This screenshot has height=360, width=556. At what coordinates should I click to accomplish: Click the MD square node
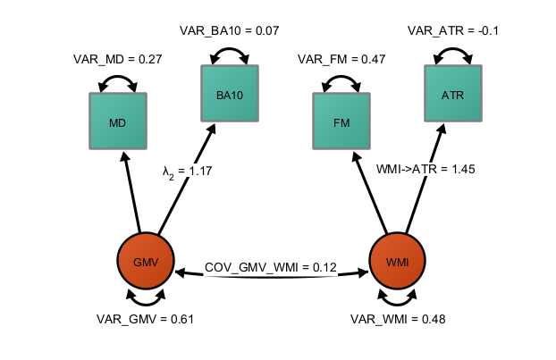pos(117,121)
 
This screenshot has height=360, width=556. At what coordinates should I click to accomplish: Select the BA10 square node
pos(230,93)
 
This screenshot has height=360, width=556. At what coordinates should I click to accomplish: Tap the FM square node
pos(341,121)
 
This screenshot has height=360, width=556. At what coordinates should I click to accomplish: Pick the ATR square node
pos(453,93)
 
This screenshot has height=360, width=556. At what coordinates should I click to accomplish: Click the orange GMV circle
pos(145,261)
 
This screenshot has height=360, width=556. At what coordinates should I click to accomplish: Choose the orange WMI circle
pos(397,261)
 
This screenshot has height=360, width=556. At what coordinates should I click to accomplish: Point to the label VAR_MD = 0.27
pos(117,59)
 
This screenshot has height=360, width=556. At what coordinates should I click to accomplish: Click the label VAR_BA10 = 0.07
pos(230,30)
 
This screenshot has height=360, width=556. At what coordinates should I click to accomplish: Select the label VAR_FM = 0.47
pos(341,59)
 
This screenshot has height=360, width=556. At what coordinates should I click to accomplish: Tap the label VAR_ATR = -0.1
pos(453,30)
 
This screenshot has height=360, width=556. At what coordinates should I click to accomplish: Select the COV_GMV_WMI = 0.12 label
pos(270,267)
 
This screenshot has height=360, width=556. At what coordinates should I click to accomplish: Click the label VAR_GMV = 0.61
pos(145,319)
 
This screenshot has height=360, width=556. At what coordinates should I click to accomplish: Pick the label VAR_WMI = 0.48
pos(398,319)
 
